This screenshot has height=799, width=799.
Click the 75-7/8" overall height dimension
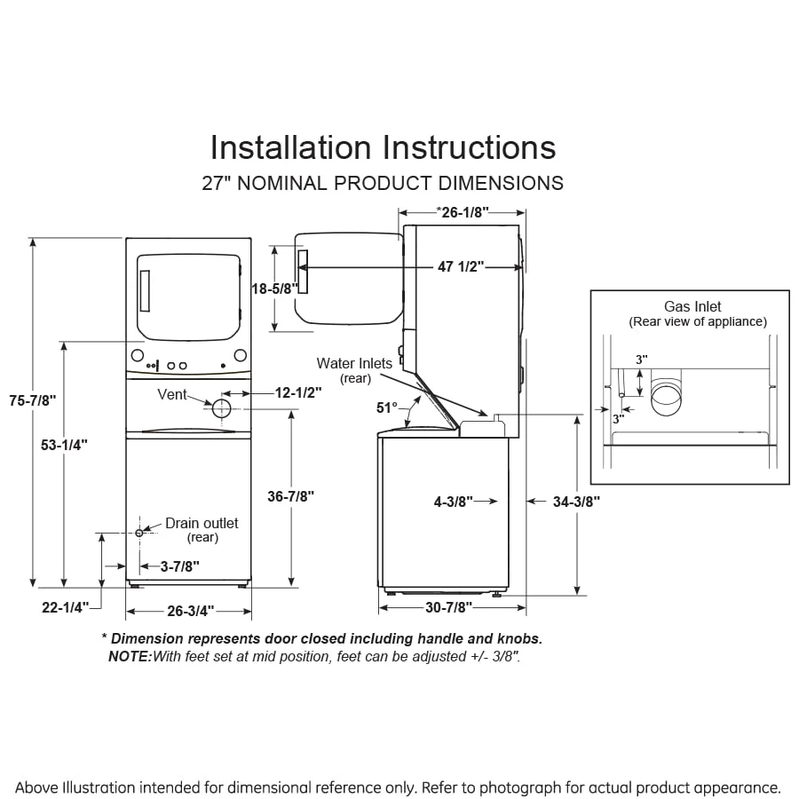pyautogui.click(x=32, y=400)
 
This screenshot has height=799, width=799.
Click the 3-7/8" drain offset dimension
pyautogui.click(x=180, y=565)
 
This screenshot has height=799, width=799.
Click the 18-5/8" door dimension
pyautogui.click(x=274, y=289)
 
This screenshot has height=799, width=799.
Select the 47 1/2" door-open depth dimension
pyautogui.click(x=458, y=266)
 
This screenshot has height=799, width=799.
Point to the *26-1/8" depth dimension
pyautogui.click(x=463, y=212)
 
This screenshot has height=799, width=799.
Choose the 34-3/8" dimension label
pyautogui.click(x=576, y=502)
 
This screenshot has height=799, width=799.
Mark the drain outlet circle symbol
pyautogui.click(x=139, y=533)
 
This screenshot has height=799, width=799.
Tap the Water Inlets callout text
pyautogui.click(x=354, y=364)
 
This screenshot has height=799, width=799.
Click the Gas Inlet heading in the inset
pyautogui.click(x=692, y=307)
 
